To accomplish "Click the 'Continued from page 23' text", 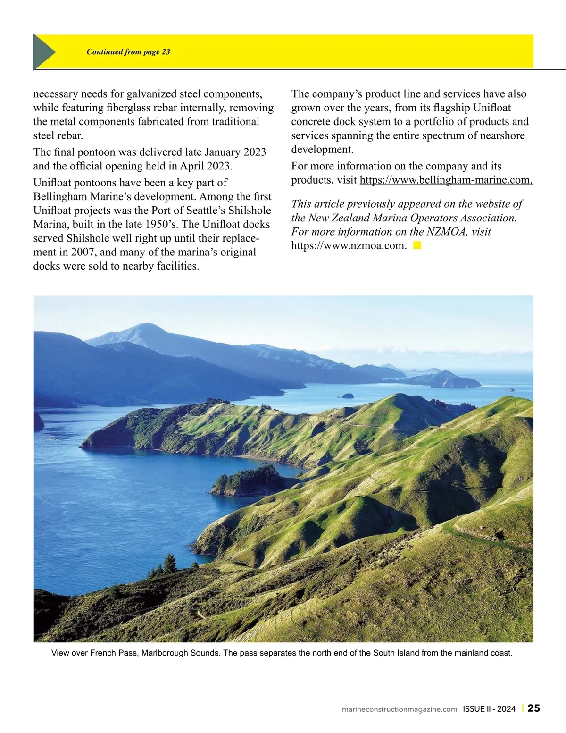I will click(x=128, y=52).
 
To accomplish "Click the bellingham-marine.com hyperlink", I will click(x=446, y=180).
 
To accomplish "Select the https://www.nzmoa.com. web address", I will click(x=349, y=245).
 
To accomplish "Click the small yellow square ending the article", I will click(x=417, y=245).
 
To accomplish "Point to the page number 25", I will click(x=534, y=708).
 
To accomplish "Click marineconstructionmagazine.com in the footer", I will click(x=399, y=709).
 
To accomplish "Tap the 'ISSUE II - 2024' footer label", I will click(x=489, y=709).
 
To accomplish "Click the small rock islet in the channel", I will click(x=348, y=396).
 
